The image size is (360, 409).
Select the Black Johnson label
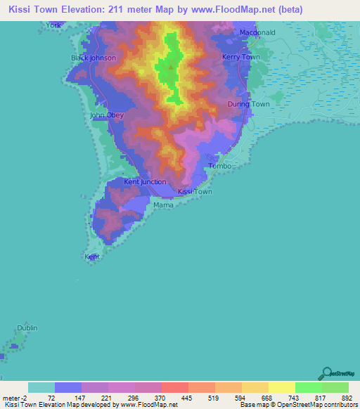(94, 58)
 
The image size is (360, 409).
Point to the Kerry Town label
(240, 57)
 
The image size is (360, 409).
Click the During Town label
(248, 104)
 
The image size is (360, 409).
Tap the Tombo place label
(220, 166)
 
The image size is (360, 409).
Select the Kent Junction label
(145, 181)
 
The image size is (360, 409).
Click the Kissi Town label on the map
(195, 191)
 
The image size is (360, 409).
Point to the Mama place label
(163, 204)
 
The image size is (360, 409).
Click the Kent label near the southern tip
(92, 257)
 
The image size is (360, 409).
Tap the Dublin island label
(27, 328)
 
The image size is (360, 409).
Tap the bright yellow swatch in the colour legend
(281, 387)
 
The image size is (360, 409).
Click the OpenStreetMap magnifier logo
(326, 372)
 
